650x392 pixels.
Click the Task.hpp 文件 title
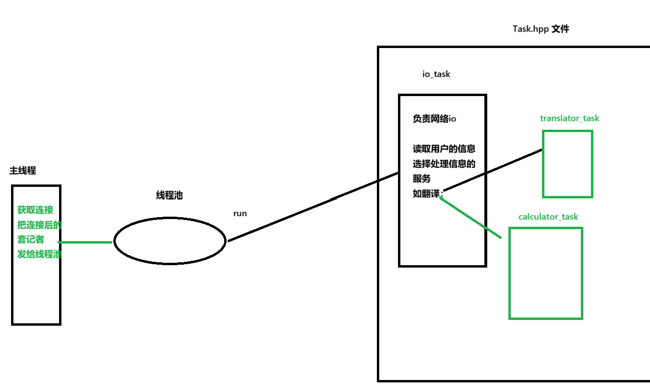[541, 29]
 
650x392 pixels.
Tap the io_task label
[436, 74]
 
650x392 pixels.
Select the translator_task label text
[569, 118]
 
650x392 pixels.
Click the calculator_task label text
[548, 217]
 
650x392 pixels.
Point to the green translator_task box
[567, 164]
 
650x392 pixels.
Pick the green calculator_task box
[545, 273]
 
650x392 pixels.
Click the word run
[240, 213]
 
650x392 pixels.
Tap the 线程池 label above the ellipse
[169, 196]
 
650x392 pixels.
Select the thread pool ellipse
[169, 241]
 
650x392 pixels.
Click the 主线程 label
[23, 171]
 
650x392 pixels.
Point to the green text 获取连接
[35, 210]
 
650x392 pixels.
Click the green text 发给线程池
[39, 254]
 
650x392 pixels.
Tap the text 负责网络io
[434, 119]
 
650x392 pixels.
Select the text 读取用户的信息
[444, 149]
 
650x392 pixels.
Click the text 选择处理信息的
[444, 164]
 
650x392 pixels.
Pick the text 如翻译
[426, 194]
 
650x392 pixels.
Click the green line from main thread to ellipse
[85, 242]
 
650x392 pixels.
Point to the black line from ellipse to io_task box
[312, 207]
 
